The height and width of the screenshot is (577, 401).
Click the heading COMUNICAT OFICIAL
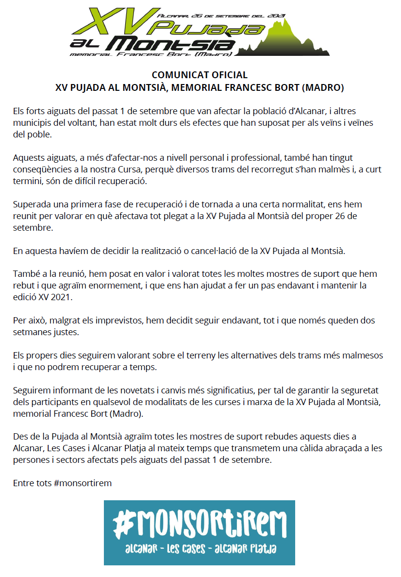click(200, 75)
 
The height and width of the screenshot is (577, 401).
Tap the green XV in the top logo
click(117, 22)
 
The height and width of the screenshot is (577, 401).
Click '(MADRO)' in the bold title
click(323, 88)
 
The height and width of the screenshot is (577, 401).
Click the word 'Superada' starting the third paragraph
click(30, 204)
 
